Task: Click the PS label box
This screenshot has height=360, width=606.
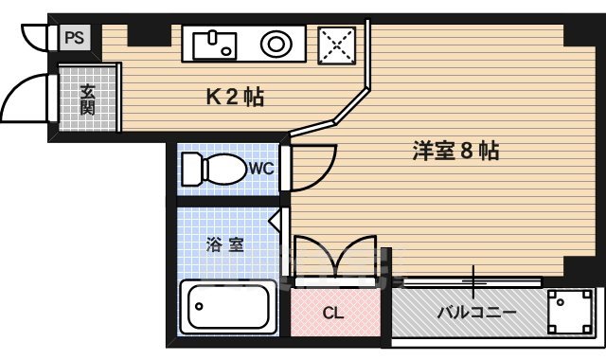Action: [74, 38]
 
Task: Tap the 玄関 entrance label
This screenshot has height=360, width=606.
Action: [87, 99]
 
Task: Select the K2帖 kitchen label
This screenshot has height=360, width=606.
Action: [235, 97]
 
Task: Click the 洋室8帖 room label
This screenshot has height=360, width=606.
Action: [455, 151]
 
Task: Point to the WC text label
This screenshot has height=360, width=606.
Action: [261, 169]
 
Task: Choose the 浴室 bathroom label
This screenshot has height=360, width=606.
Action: [225, 244]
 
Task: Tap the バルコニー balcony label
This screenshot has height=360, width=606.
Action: [475, 312]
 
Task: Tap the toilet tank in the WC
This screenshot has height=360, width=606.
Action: [188, 170]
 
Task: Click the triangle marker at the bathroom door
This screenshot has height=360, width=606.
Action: [275, 222]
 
